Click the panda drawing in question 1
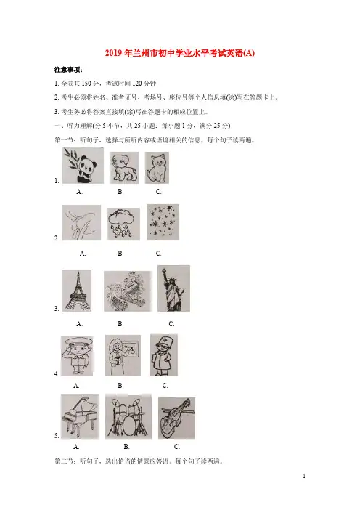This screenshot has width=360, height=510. pos(83,166)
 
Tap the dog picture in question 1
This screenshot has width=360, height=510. pos(124,168)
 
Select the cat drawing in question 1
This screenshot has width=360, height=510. pos(157,168)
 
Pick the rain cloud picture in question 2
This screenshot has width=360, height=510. pos(123,224)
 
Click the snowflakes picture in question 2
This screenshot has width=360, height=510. pos(163,222)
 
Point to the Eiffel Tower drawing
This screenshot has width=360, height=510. pos(77,291)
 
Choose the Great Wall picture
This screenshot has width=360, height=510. pos(128,291)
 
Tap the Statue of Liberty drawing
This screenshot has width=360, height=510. pos(173,288)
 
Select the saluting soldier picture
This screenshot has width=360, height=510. pos(77,356)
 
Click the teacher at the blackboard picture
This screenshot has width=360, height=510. pos(123,355)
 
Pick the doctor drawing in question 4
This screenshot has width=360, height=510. pos(164,355)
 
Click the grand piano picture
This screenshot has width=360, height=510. pos(80,417)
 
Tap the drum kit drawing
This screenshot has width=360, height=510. pos(128,416)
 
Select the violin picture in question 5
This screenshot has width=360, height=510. pos(177,418)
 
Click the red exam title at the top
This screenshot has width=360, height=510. pos(180,53)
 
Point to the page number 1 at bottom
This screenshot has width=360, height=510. pos(304,476)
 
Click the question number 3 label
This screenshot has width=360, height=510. pos(57,309)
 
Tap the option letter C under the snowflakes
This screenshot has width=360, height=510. pos(158,254)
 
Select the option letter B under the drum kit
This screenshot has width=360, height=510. pos(127,447)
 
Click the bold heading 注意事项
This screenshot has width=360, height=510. pos(68,70)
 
